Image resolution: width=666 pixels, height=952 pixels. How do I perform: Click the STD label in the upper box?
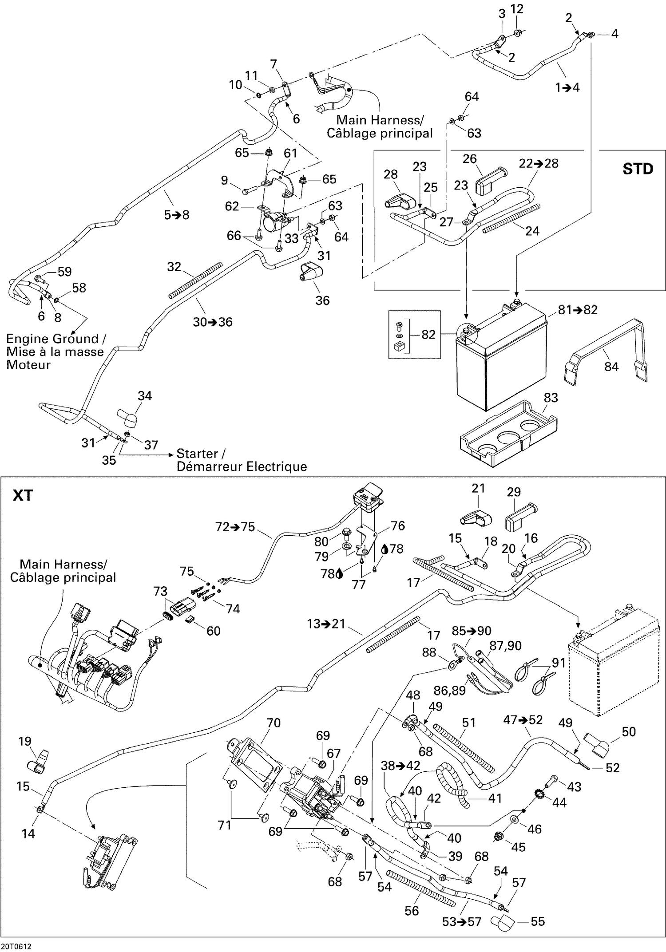point(638,169)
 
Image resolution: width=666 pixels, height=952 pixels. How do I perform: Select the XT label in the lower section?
point(23,495)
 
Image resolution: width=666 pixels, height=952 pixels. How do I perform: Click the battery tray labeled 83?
point(506,435)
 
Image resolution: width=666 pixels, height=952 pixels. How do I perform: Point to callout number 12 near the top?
point(517,9)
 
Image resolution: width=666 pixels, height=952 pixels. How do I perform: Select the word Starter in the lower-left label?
point(197,454)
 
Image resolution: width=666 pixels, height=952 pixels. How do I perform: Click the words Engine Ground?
point(52,339)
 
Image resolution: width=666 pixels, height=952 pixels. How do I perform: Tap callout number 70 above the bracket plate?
point(274,723)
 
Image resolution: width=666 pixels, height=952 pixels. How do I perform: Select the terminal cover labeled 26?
point(488,181)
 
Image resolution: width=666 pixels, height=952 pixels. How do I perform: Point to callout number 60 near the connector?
point(214,631)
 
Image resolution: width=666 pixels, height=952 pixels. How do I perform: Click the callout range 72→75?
point(235,527)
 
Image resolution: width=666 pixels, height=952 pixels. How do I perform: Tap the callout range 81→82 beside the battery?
point(578,310)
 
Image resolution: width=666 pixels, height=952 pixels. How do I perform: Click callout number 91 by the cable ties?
point(559,663)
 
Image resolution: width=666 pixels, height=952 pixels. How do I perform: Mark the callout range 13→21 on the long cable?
point(326,624)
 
